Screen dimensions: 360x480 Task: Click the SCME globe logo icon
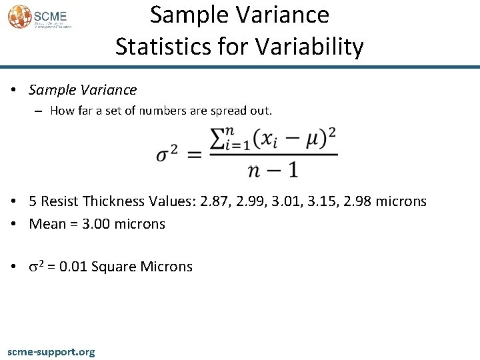pos(19,16)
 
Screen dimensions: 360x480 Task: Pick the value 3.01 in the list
pos(299,201)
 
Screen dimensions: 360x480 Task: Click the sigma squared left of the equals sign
pos(167,155)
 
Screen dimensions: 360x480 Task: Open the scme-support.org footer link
pos(51,351)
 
